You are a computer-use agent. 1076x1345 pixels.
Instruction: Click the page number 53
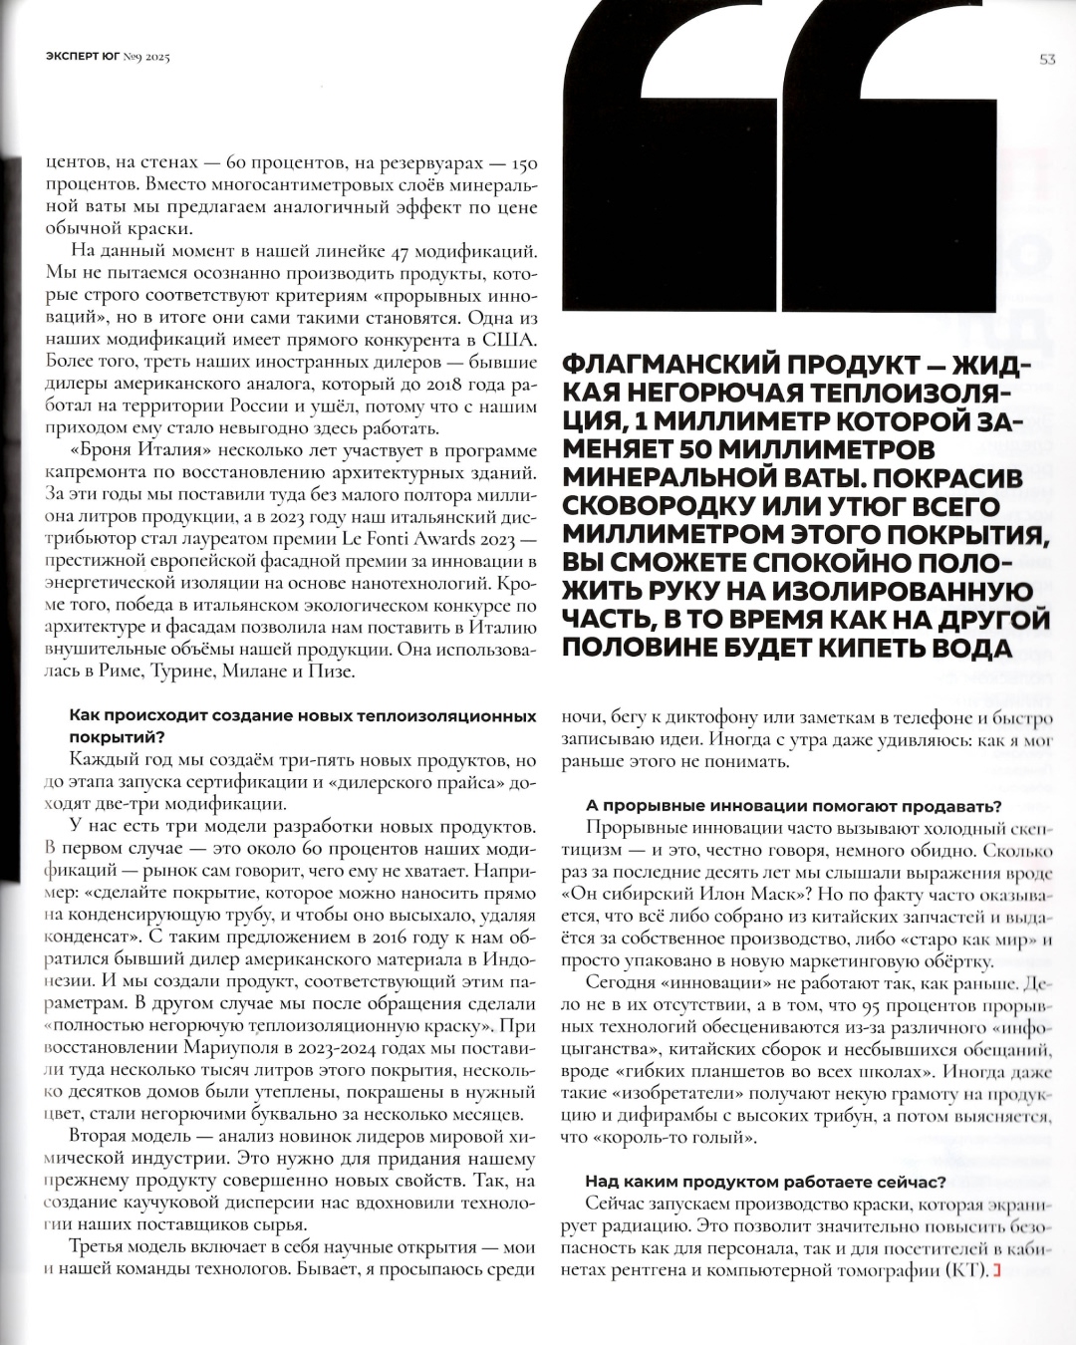click(1047, 59)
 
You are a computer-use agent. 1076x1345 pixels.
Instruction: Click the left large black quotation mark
click(669, 169)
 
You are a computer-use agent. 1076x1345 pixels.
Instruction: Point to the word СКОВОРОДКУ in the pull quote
click(654, 506)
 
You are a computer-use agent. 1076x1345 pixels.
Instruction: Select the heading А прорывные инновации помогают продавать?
click(793, 806)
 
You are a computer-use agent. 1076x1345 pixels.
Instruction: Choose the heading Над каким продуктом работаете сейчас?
click(765, 1182)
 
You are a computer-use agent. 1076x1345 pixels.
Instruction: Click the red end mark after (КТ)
click(996, 1271)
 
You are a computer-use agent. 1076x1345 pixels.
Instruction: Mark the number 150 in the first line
click(524, 163)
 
